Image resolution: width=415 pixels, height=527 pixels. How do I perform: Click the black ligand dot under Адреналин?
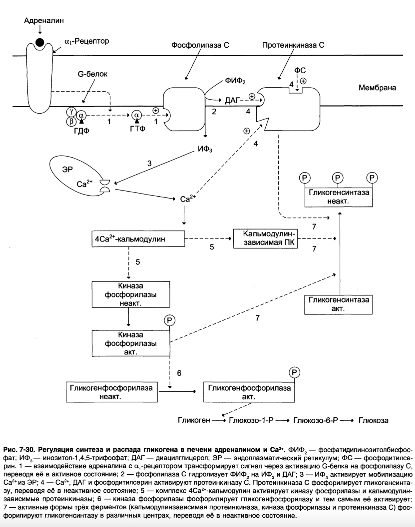tap(40, 42)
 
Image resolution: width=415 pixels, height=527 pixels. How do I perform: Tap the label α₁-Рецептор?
tap(87, 41)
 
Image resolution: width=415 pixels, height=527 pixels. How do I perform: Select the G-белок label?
tap(92, 74)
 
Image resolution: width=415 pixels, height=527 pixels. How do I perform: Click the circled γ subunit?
tap(71, 112)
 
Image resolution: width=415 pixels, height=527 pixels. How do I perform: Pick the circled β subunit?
tap(71, 121)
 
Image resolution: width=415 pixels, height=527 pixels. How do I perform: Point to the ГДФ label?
tap(82, 131)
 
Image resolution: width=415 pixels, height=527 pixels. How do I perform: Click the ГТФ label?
tap(137, 129)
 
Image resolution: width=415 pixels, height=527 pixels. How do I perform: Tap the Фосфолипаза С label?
tap(200, 45)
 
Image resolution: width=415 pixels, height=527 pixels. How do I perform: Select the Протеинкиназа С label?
tap(293, 45)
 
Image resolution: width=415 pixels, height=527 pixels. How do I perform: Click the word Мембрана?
tap(377, 88)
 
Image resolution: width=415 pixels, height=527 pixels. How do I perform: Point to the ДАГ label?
tap(232, 101)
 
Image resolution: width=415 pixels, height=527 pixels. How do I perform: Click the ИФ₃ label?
tap(205, 149)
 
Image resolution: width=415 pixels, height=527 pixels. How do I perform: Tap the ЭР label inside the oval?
tap(67, 169)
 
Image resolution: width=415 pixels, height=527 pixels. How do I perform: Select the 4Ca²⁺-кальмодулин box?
tap(138, 239)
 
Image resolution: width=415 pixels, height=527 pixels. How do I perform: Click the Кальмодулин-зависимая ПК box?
tap(265, 239)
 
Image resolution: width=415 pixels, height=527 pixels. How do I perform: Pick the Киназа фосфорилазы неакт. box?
tap(131, 294)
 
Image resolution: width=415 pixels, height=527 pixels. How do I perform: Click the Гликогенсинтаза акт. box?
tap(338, 305)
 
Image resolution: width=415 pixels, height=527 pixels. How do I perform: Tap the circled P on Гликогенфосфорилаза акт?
tap(294, 373)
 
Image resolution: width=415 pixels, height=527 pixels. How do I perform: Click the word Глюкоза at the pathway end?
tap(373, 421)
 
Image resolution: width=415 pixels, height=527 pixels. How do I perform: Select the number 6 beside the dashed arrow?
tap(179, 373)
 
